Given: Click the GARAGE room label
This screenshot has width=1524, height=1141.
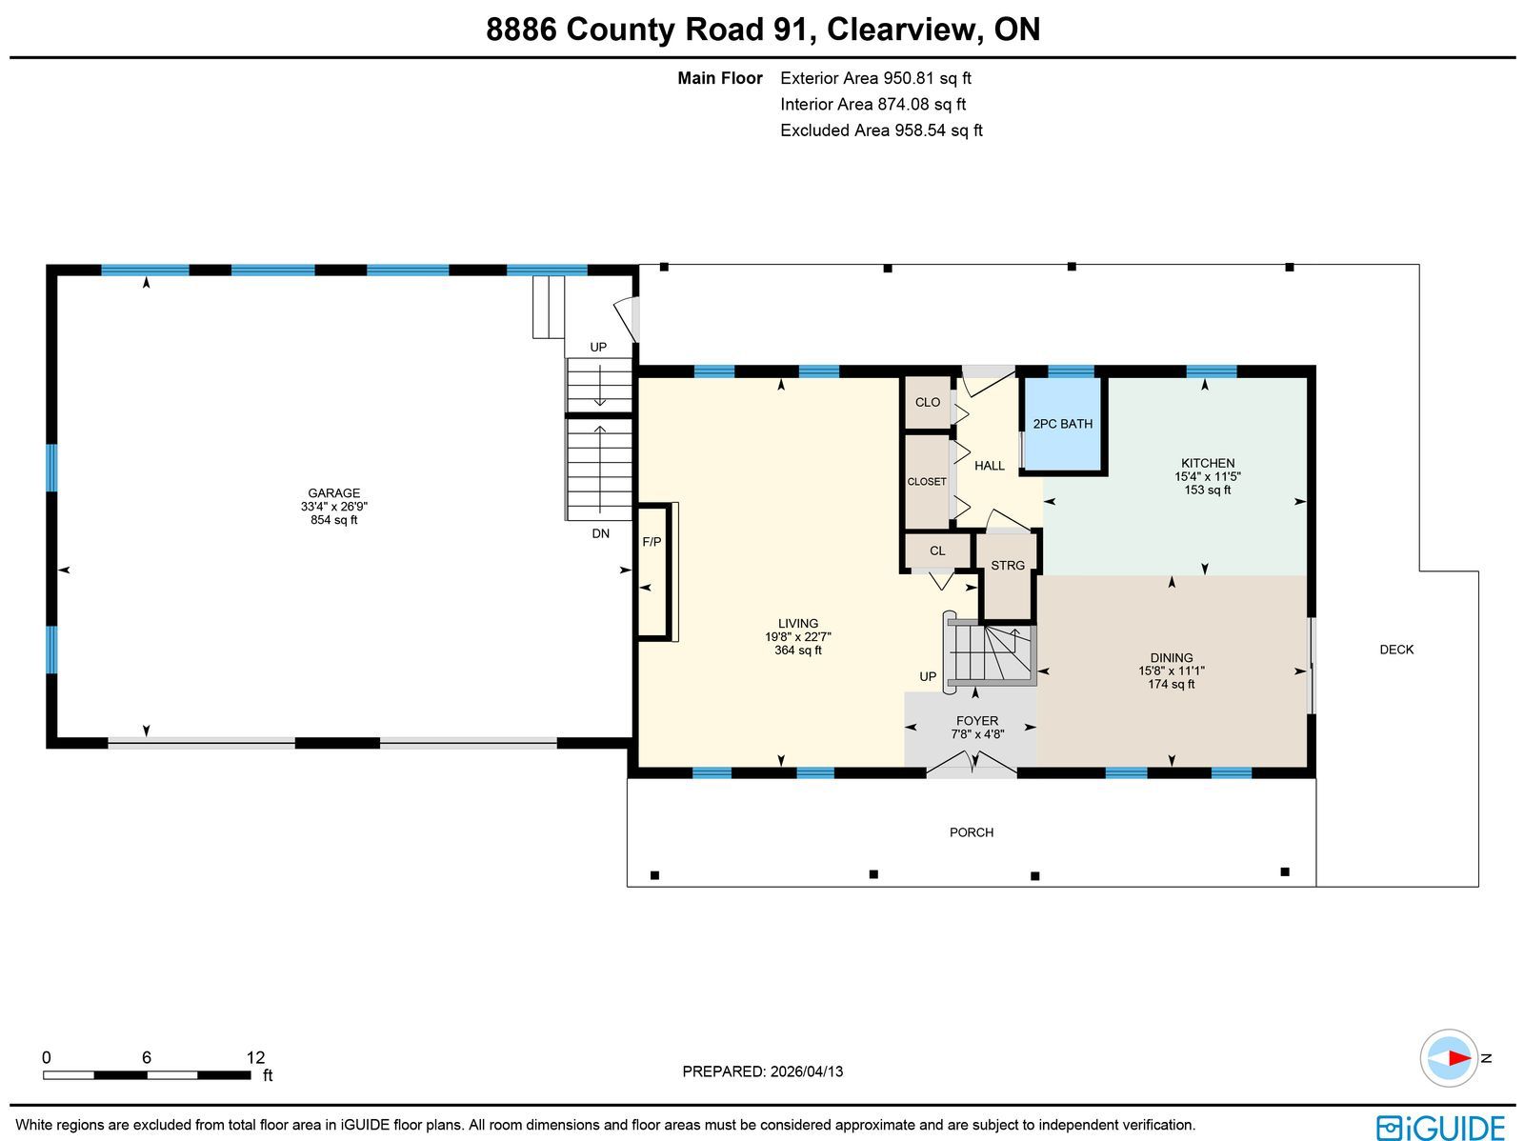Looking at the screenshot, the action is pyautogui.click(x=334, y=493).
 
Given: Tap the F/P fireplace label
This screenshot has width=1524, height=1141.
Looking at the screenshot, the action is pyautogui.click(x=652, y=542).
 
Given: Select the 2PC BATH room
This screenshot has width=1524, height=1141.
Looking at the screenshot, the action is pyautogui.click(x=1062, y=424).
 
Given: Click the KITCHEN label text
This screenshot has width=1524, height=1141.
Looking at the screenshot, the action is pyautogui.click(x=1208, y=463).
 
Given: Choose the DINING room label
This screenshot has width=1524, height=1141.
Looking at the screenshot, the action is pyautogui.click(x=1172, y=657).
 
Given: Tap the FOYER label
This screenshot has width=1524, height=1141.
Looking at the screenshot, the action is pyautogui.click(x=977, y=721).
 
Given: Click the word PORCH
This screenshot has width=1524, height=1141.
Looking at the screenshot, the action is pyautogui.click(x=972, y=832).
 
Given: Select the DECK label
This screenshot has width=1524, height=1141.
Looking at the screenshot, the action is pyautogui.click(x=1396, y=650).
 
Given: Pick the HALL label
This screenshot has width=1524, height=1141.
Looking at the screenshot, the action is pyautogui.click(x=990, y=466).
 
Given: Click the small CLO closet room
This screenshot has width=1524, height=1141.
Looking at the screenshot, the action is pyautogui.click(x=928, y=403).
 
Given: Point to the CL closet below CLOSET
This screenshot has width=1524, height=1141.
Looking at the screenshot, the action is pyautogui.click(x=937, y=551).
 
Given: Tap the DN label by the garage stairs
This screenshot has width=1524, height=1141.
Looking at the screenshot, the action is pyautogui.click(x=601, y=533).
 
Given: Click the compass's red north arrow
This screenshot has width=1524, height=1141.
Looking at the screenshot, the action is pyautogui.click(x=1459, y=1058).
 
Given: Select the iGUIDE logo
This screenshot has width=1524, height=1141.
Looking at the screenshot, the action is pyautogui.click(x=1440, y=1127).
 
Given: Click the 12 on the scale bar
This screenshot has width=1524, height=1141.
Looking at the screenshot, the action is pyautogui.click(x=255, y=1058).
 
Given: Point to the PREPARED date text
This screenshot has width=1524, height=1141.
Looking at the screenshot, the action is pyautogui.click(x=762, y=1071).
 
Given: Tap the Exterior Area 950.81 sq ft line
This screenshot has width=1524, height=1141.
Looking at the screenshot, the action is pyautogui.click(x=875, y=78).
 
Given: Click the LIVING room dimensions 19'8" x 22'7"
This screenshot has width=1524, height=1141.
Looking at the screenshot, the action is pyautogui.click(x=798, y=636).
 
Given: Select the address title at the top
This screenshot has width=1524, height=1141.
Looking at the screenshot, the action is pyautogui.click(x=763, y=30).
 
